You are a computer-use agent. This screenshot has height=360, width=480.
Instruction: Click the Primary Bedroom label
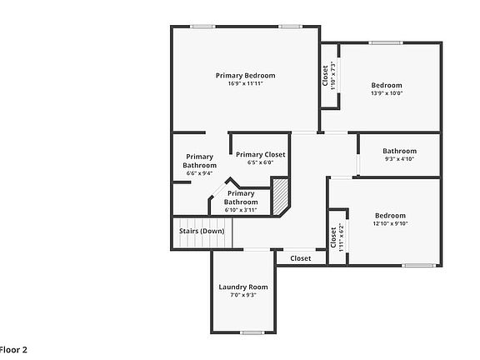pyautogui.click(x=245, y=76)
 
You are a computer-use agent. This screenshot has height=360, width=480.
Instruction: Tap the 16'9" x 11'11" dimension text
pyautogui.click(x=245, y=84)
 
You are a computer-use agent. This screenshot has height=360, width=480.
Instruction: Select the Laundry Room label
pyautogui.click(x=243, y=287)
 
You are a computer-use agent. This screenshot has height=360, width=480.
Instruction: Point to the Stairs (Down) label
pyautogui.click(x=201, y=231)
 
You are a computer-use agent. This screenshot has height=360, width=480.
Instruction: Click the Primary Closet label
pyautogui.click(x=260, y=154)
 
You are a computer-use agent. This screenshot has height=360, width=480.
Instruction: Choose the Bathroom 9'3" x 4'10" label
pyautogui.click(x=399, y=151)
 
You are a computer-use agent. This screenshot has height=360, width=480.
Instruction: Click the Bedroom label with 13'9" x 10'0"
pyautogui.click(x=387, y=85)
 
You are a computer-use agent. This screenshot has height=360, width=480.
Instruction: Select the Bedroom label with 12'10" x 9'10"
pyautogui.click(x=389, y=215)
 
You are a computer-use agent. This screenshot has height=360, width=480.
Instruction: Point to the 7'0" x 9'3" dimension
pyautogui.click(x=243, y=295)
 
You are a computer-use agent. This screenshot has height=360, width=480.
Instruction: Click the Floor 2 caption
pyautogui.click(x=13, y=351)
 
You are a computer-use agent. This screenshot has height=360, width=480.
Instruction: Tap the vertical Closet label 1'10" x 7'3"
pyautogui.click(x=326, y=76)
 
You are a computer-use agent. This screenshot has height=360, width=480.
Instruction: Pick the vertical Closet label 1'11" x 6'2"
pyautogui.click(x=334, y=237)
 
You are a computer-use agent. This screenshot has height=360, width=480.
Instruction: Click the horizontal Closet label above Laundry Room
pyautogui.click(x=301, y=258)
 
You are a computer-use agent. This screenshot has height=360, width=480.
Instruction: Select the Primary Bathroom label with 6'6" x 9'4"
pyautogui.click(x=200, y=161)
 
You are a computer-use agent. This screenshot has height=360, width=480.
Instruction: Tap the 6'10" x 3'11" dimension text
pyautogui.click(x=241, y=209)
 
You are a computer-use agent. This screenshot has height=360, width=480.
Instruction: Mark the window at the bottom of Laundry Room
pyautogui.click(x=252, y=332)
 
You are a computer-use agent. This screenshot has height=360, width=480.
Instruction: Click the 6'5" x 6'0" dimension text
pyautogui.click(x=260, y=162)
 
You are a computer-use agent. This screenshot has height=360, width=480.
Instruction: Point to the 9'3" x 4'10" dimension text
pyautogui.click(x=399, y=158)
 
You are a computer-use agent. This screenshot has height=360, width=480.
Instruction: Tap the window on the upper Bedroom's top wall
pyautogui.click(x=386, y=42)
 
